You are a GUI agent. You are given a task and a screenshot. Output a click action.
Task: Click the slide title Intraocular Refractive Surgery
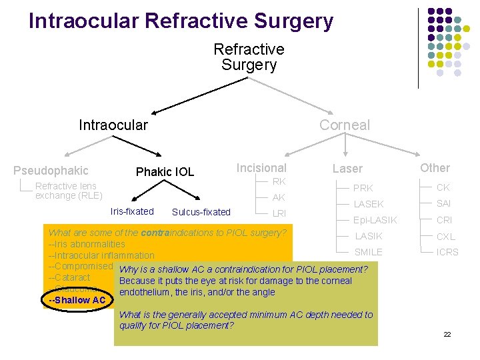(x=181, y=21)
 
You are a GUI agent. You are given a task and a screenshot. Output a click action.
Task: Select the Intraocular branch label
(x=113, y=125)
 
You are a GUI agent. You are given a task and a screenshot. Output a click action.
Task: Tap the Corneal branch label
(x=344, y=125)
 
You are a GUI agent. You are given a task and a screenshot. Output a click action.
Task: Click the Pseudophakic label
(x=51, y=171)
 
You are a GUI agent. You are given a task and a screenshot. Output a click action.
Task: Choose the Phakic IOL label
(x=165, y=172)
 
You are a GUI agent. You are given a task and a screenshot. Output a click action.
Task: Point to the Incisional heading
(x=261, y=168)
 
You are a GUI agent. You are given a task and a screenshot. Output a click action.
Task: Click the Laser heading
(x=347, y=169)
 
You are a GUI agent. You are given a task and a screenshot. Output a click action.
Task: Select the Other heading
(x=435, y=168)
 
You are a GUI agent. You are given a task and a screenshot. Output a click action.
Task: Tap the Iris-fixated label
(x=132, y=211)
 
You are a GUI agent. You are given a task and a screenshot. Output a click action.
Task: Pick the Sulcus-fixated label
(x=201, y=212)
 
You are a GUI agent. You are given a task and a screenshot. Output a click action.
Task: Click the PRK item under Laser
(x=363, y=188)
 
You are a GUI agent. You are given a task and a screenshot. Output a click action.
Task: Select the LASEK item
(x=369, y=204)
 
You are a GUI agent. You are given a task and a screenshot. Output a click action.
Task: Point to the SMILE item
(x=369, y=252)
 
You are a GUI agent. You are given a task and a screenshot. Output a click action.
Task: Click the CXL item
(x=445, y=236)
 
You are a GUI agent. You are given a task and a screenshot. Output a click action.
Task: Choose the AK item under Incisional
(x=279, y=197)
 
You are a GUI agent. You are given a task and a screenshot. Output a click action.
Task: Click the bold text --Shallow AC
(x=77, y=300)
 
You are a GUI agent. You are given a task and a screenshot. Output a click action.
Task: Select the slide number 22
(x=447, y=333)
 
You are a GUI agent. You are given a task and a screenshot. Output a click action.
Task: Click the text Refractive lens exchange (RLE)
(x=69, y=191)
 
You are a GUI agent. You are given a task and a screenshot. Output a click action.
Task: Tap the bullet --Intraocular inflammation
(x=101, y=255)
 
